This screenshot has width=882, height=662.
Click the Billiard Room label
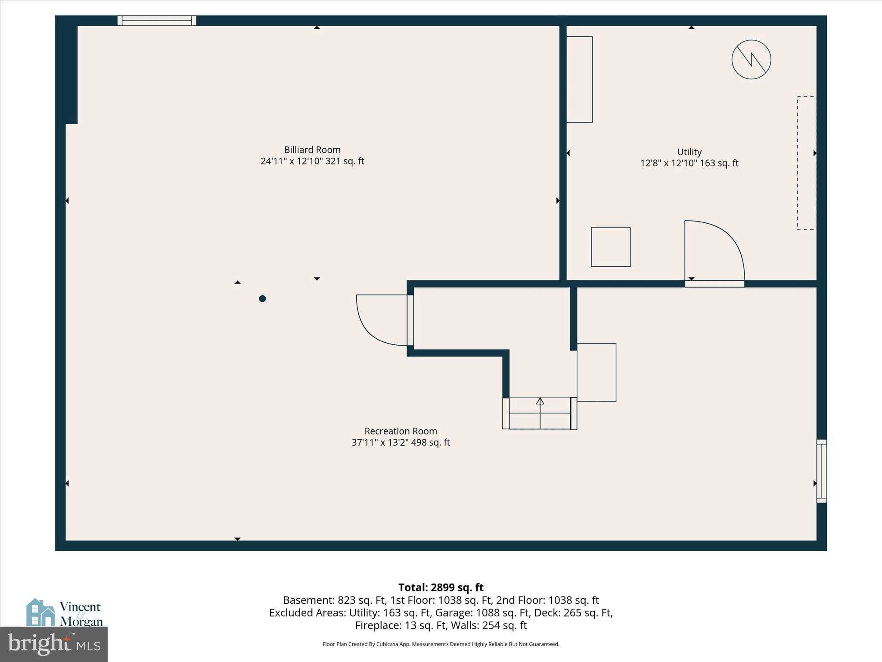coord(312,150)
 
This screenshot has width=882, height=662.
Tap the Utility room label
coord(689,152)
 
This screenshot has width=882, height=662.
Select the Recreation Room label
coord(401,431)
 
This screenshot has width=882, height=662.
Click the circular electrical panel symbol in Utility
coord(751,59)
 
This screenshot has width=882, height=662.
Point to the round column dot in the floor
coord(262,299)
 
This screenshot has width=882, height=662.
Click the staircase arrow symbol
coord(540,402)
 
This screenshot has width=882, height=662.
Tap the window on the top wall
coord(157,21)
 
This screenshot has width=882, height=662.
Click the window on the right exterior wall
coord(822,471)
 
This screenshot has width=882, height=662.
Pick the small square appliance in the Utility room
coord(611,247)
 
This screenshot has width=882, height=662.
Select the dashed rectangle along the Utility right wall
coord(806,163)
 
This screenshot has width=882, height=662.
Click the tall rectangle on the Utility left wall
coord(579,79)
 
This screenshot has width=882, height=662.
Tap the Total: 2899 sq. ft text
coord(441,587)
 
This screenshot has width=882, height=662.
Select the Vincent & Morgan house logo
coord(65,612)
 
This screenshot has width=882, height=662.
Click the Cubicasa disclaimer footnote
coord(441,644)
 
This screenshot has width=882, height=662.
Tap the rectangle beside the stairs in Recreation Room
coord(596,372)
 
